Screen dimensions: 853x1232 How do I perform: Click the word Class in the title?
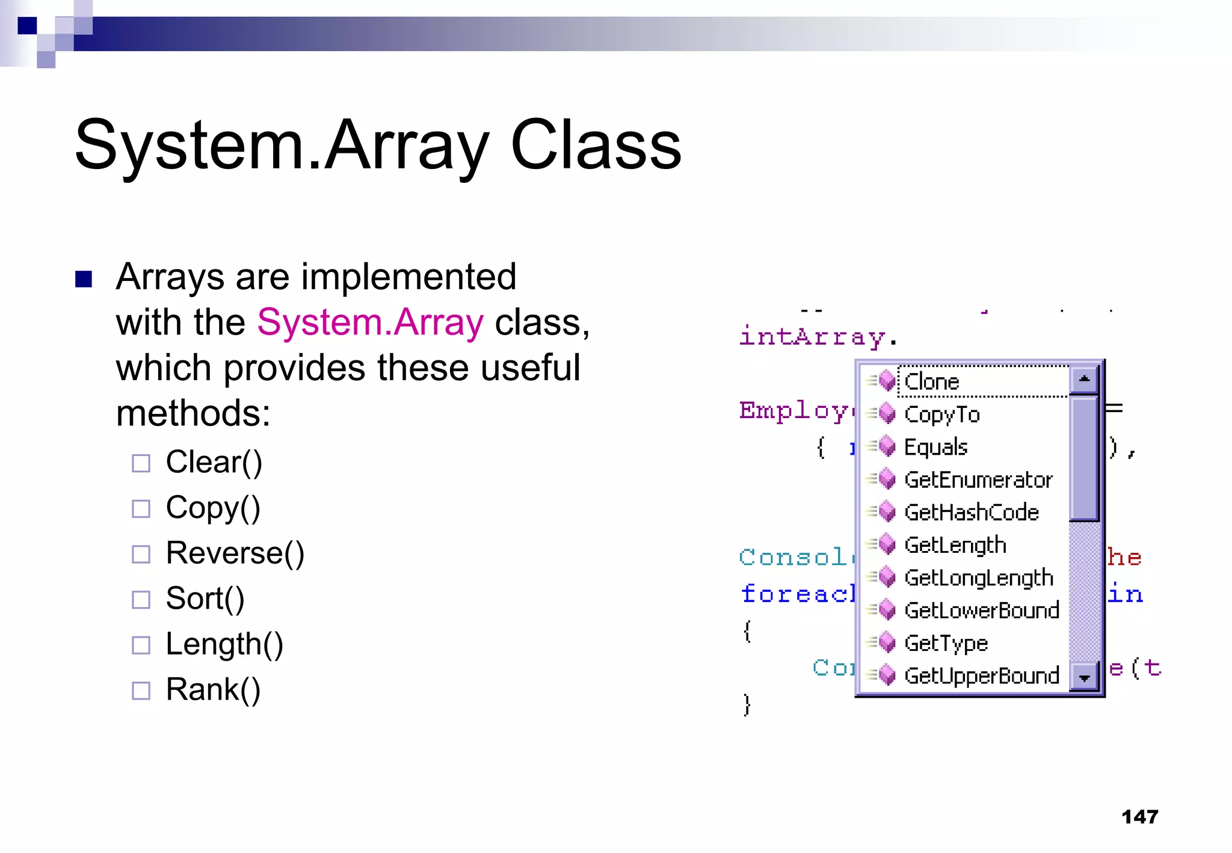coord(596,146)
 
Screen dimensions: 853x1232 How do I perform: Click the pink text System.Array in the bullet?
coord(370,322)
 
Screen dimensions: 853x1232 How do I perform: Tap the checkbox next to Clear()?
coord(141,463)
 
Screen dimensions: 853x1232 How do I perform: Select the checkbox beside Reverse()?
coord(141,554)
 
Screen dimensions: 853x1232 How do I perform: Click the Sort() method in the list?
coord(205,599)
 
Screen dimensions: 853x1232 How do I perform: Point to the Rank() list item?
coord(213,689)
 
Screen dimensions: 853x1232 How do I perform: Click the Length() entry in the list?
coord(224,644)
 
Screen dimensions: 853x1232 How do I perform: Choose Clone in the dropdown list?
coord(931,382)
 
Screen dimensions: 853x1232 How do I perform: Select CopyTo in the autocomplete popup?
coord(941,414)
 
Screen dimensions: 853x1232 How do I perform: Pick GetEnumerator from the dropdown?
coord(978,480)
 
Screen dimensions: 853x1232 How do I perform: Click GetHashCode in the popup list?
coord(971,513)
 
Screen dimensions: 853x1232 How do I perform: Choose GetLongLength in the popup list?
coord(978,578)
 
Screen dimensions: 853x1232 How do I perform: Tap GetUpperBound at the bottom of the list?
coord(981,676)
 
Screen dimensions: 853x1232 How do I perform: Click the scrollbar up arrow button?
coord(1084,380)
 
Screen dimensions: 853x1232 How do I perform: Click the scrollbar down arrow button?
coord(1084,678)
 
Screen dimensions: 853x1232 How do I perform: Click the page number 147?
coord(1139,817)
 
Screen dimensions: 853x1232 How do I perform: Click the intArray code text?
coord(812,337)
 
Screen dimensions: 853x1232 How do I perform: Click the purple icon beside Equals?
coord(887,447)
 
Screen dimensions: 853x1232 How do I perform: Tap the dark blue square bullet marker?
coord(84,279)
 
